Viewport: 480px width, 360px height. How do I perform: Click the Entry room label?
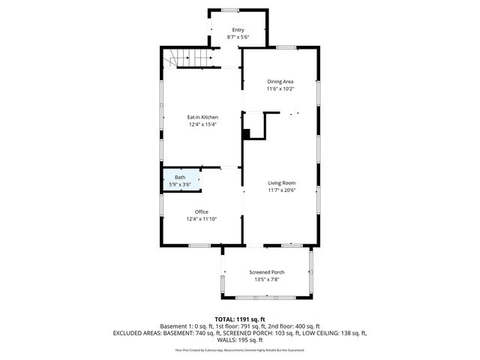click(238, 29)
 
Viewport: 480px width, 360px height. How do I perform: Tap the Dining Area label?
click(280, 81)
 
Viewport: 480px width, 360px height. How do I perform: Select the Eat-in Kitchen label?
click(202, 117)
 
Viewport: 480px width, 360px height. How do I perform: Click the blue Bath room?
click(180, 181)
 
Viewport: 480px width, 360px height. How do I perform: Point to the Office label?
click(202, 211)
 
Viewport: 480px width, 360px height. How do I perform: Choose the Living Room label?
click(282, 182)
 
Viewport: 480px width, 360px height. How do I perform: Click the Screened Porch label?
click(267, 271)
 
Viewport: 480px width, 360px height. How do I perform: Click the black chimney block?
click(246, 133)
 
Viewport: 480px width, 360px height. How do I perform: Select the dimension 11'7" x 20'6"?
click(282, 190)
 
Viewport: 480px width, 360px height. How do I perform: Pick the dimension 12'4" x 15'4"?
click(202, 124)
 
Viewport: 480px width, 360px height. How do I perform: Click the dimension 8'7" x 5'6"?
click(238, 37)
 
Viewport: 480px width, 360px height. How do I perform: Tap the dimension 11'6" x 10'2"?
click(280, 88)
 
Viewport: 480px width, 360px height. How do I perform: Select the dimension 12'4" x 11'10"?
click(202, 219)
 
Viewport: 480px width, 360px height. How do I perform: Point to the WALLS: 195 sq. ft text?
click(239, 340)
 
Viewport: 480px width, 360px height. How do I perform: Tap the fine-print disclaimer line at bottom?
click(239, 349)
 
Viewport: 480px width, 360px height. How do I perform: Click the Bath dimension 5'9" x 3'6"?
click(180, 184)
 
